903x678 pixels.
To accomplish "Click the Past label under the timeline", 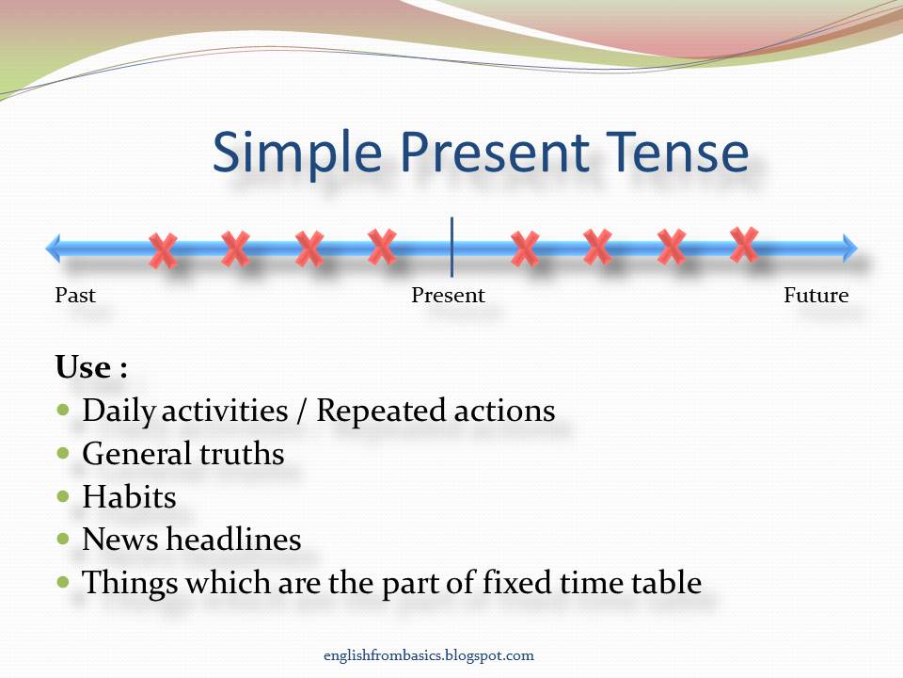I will [x=75, y=296].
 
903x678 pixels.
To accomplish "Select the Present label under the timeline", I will [x=448, y=296].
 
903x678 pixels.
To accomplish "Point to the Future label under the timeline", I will [x=816, y=296].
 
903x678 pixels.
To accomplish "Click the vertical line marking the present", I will [x=452, y=247].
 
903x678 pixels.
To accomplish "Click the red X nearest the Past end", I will [x=163, y=250].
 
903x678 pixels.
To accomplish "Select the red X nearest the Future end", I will [x=743, y=245].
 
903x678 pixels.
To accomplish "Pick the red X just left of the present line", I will [x=381, y=247].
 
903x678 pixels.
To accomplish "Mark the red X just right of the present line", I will [x=525, y=249].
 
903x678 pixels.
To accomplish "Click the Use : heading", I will [x=91, y=367].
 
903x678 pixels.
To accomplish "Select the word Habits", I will [x=129, y=496].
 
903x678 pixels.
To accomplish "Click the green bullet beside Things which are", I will [x=64, y=582].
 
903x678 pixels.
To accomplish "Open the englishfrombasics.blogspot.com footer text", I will [x=427, y=655].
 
